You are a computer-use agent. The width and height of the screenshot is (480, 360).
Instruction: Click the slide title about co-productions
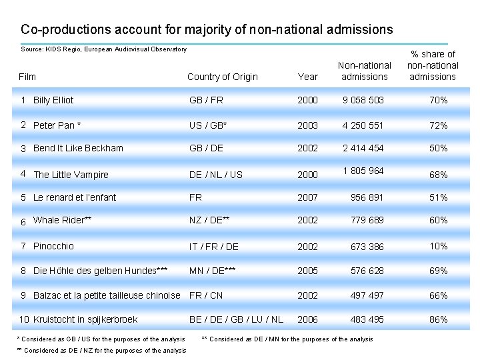pos(207,30)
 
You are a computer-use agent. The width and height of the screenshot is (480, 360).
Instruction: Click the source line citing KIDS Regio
pos(104,49)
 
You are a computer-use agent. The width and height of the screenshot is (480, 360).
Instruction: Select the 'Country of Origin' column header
pos(222,77)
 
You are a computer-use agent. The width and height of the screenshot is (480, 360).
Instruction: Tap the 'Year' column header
pos(307,77)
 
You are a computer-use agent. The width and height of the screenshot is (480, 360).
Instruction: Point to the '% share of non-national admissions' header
pos(433,65)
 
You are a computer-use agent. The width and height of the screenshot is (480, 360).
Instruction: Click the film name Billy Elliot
pos(53,101)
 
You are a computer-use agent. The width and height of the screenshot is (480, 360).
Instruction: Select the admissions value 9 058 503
pos(363,101)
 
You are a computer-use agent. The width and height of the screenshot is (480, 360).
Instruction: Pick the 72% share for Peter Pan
pos(438,125)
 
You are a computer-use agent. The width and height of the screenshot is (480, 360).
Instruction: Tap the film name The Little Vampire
pos(71,175)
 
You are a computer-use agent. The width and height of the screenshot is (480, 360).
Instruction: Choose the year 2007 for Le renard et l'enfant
pos(307,197)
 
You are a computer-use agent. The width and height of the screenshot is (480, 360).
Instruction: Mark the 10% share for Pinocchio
pos(438,246)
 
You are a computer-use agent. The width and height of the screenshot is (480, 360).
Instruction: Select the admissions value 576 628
pos(367,271)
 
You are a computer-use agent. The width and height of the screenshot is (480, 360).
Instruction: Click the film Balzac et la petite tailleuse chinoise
pos(107,295)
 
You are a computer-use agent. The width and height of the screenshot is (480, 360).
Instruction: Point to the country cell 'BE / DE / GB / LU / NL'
pos(236,319)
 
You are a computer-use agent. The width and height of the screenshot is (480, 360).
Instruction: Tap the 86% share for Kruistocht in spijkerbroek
pos(438,319)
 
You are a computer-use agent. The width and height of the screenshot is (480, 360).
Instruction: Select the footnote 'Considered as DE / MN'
pos(287,339)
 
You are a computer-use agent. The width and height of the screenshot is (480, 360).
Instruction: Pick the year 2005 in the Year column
pos(307,271)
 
